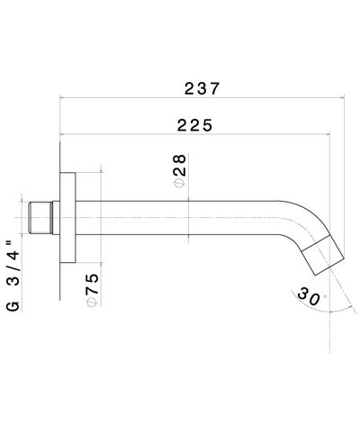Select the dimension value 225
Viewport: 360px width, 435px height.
(x=195, y=126)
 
